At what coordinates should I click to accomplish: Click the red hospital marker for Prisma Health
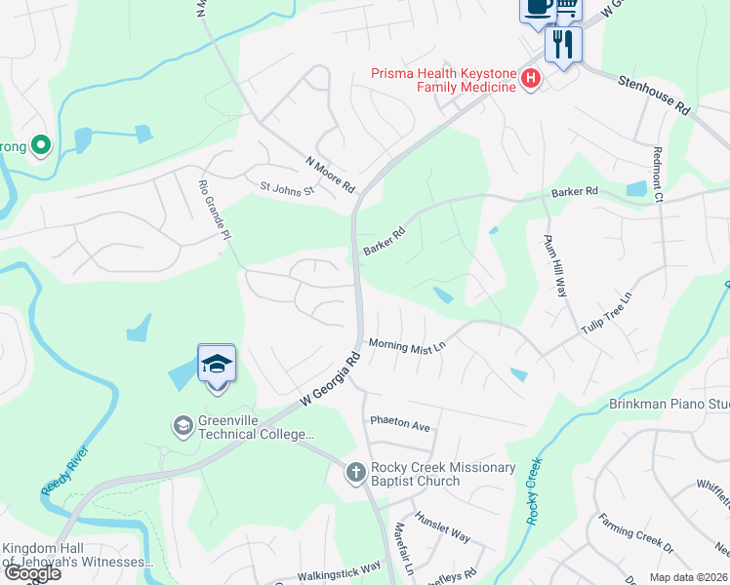[531, 79]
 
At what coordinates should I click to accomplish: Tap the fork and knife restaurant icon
[563, 44]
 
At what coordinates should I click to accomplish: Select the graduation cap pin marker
[217, 366]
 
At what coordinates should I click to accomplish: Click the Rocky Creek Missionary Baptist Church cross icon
[356, 473]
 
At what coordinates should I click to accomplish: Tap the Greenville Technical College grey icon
[182, 426]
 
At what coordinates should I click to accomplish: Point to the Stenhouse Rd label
[654, 96]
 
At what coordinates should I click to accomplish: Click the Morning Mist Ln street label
[407, 345]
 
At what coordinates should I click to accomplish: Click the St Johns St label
[288, 187]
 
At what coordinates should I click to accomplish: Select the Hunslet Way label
[442, 526]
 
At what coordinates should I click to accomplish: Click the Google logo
[31, 573]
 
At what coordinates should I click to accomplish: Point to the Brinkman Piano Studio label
[669, 404]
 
